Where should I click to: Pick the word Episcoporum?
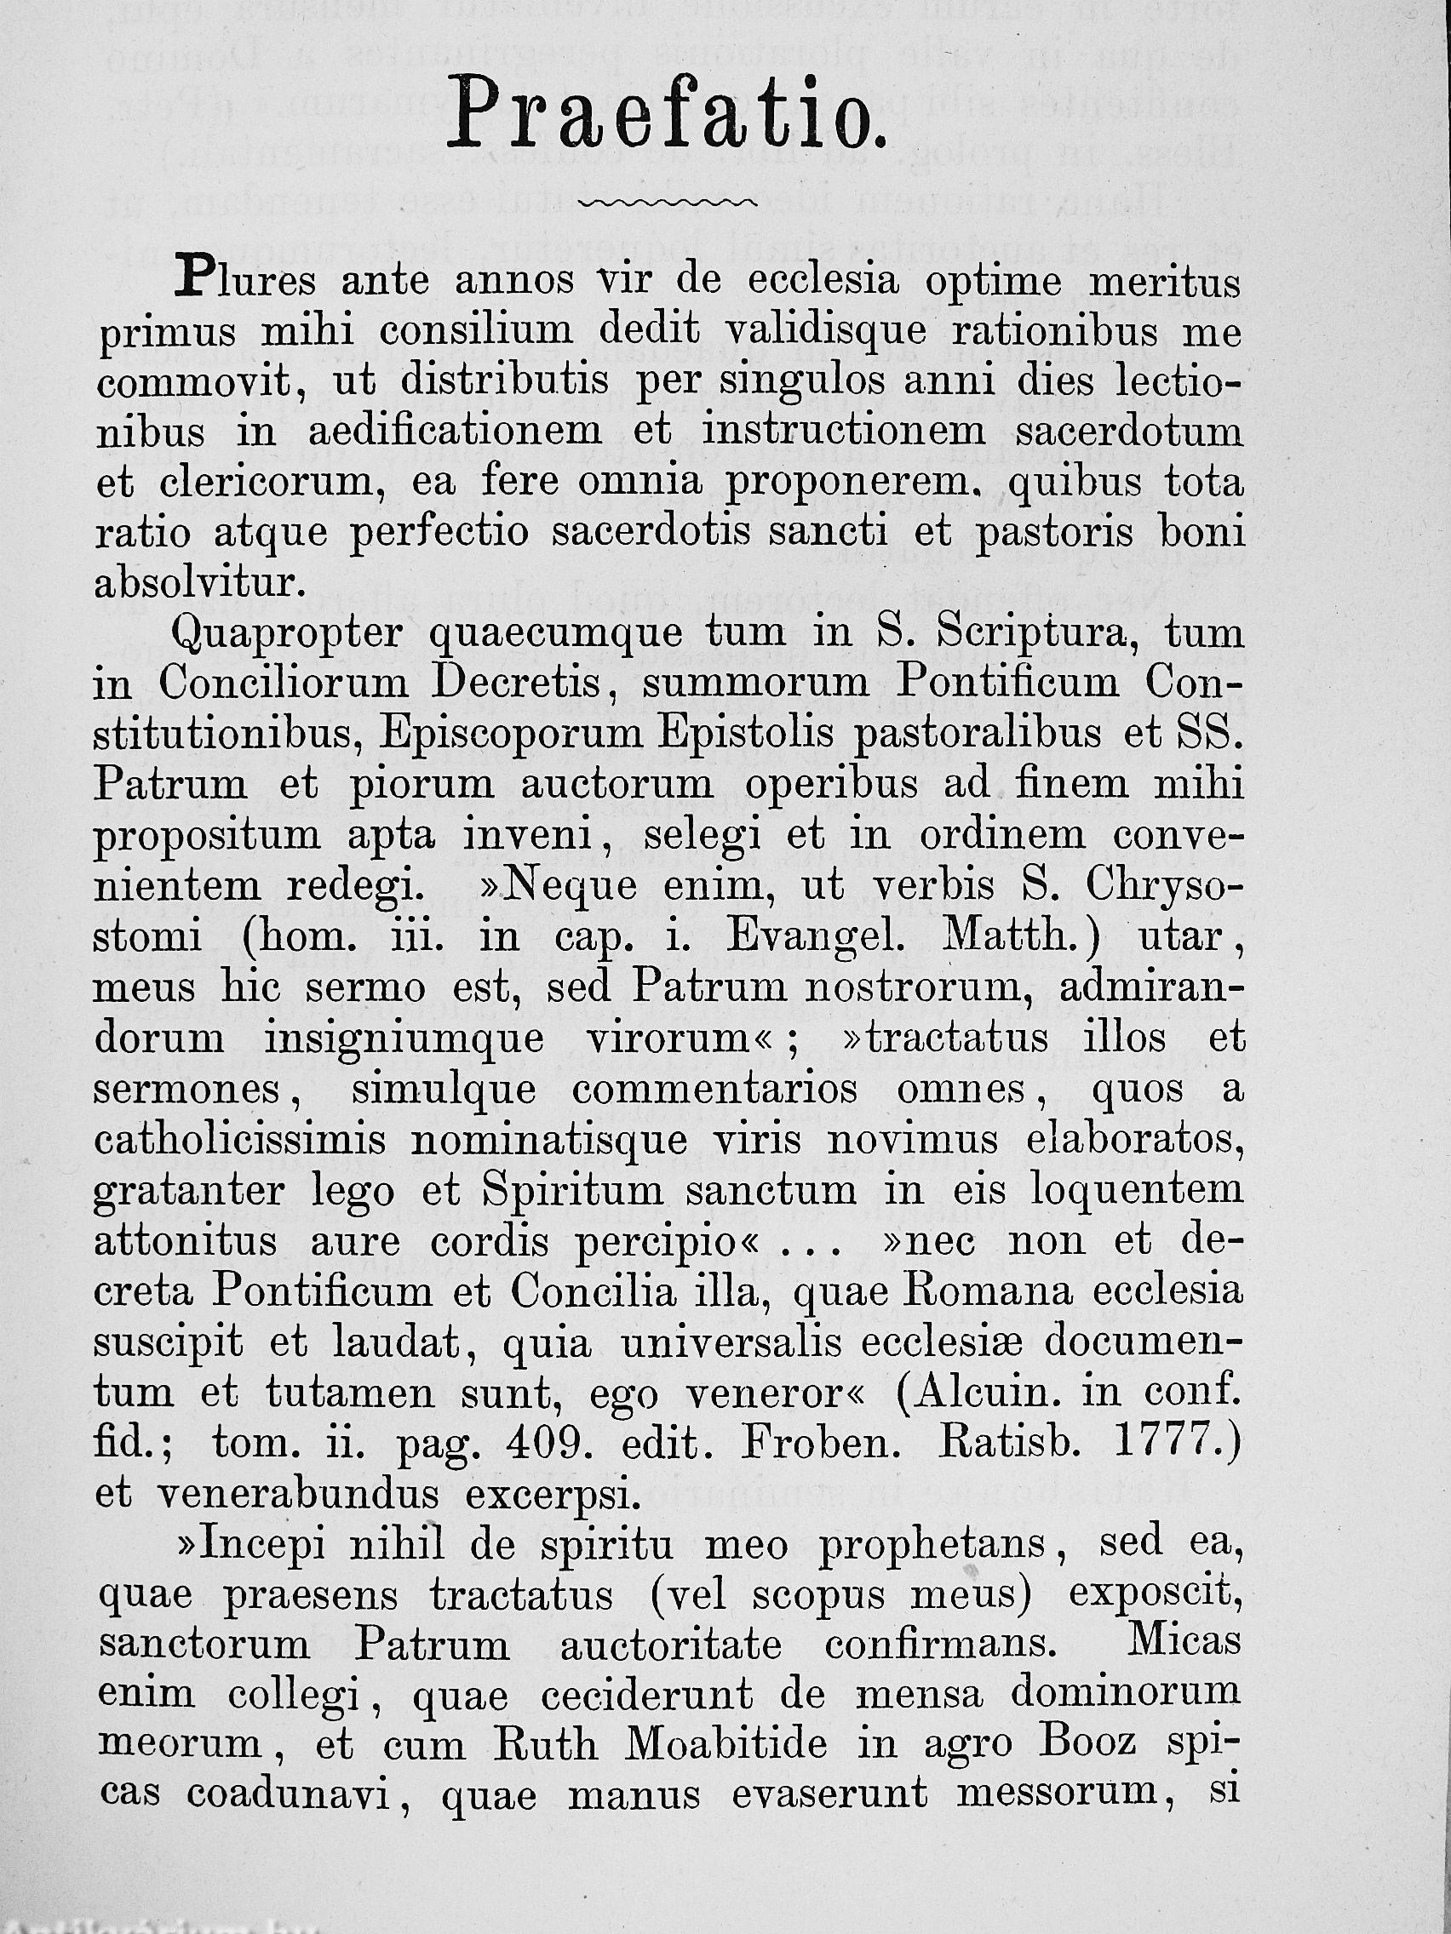point(511,735)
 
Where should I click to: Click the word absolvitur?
point(199,584)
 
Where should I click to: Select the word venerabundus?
point(297,1493)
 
